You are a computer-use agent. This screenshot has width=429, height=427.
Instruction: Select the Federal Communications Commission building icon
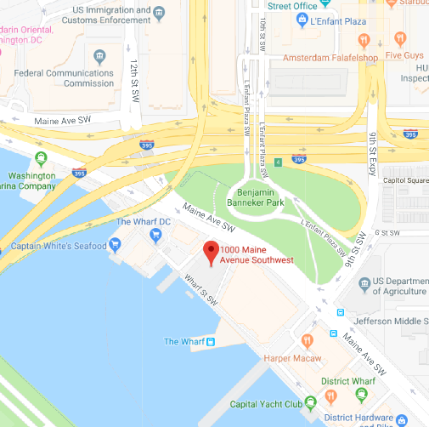pyautogui.click(x=100, y=57)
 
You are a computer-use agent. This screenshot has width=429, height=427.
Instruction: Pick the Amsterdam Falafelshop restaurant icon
pyautogui.click(x=363, y=39)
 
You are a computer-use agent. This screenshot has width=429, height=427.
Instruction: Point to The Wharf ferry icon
pyautogui.click(x=211, y=342)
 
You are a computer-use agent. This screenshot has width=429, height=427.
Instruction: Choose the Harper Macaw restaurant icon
pyautogui.click(x=307, y=341)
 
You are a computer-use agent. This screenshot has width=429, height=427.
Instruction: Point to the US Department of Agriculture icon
pyautogui.click(x=365, y=283)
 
